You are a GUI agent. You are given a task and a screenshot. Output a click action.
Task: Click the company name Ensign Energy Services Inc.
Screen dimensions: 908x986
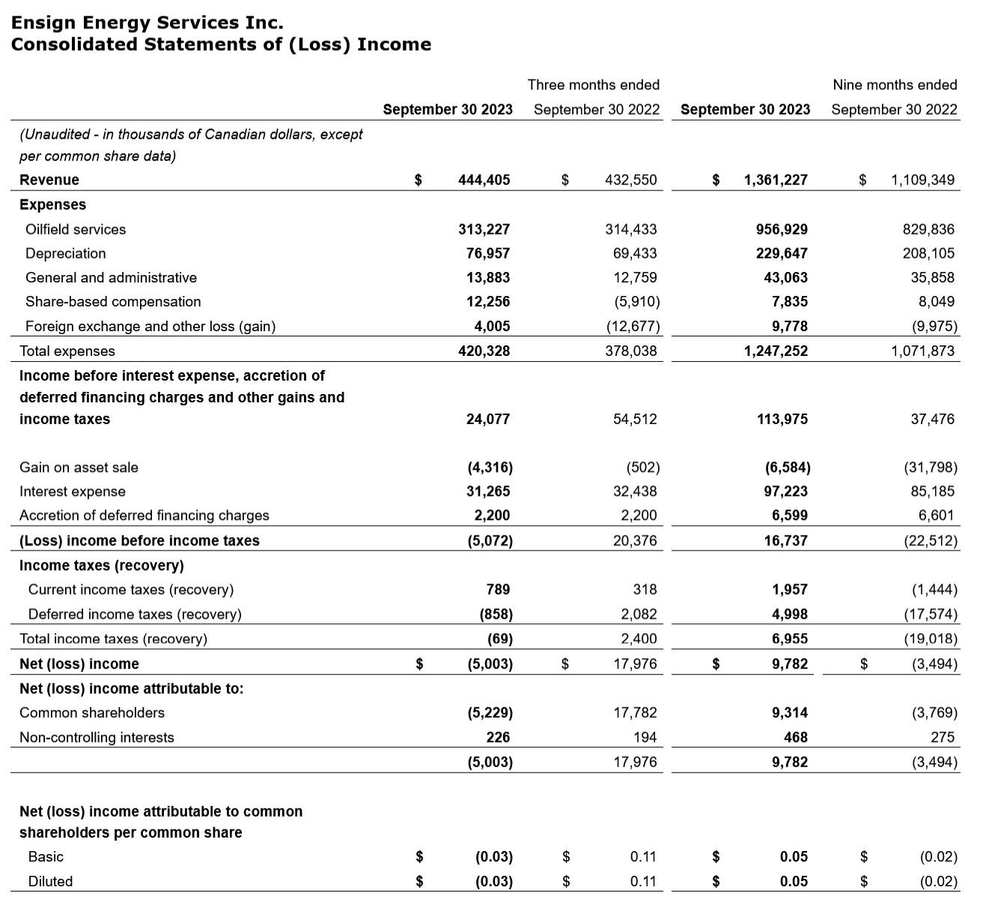[x=147, y=22]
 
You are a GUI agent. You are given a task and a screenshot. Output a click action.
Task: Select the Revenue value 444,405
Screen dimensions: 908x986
[x=484, y=180]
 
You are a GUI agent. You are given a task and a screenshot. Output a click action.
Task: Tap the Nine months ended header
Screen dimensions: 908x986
[x=895, y=85]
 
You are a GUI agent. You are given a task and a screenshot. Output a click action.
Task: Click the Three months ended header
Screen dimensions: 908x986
[x=593, y=85]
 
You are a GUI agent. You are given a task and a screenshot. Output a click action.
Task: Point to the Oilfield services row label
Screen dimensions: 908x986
[x=76, y=229]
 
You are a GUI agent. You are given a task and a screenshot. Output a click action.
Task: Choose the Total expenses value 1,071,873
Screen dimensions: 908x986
[x=922, y=351]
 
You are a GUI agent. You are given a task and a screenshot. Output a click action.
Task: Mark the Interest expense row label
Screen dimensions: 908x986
[x=73, y=491]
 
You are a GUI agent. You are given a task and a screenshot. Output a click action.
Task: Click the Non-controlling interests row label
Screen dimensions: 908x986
[x=97, y=737]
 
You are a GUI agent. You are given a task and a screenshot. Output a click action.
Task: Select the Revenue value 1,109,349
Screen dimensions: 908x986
[x=922, y=180]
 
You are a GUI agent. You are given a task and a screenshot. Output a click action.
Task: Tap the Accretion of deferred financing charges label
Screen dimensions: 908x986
[x=144, y=515]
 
